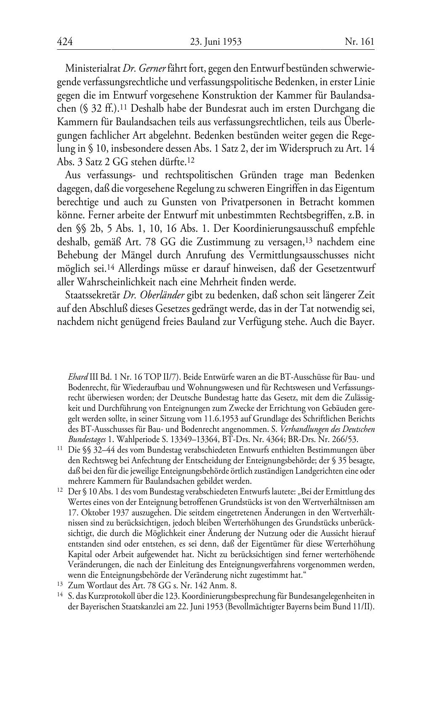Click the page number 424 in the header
pos(65,42)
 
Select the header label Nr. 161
pos(359,42)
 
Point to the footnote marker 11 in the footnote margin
pos(60,449)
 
